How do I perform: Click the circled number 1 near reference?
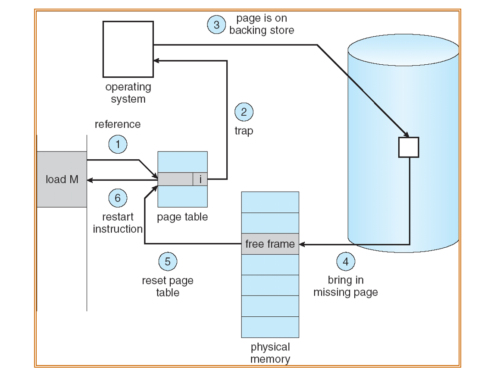[117, 145]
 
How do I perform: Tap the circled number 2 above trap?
[244, 113]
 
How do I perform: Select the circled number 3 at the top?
[216, 25]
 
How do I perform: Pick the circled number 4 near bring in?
[346, 262]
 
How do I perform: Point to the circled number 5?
[168, 262]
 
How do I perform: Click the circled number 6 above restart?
[117, 199]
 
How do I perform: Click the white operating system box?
[128, 50]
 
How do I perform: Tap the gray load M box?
[62, 179]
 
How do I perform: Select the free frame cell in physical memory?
[270, 244]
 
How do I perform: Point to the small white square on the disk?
[408, 147]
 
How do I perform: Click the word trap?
[244, 131]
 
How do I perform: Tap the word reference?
[117, 124]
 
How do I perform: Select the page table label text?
[182, 217]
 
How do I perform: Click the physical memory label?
[270, 353]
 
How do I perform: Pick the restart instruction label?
[117, 223]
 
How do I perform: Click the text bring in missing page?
[346, 286]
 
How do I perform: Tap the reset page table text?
[168, 287]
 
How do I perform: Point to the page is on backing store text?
[262, 25]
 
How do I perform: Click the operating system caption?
[128, 93]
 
